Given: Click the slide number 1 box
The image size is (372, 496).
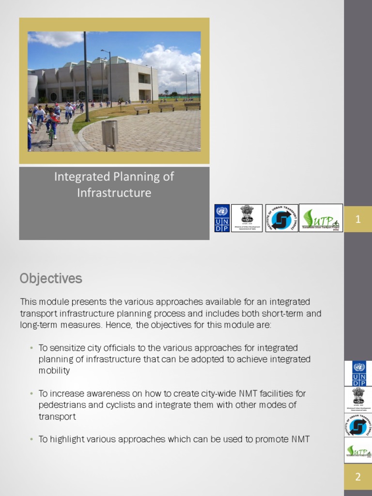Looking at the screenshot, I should coord(358,219).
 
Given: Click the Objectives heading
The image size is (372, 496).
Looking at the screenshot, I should coord(51,279).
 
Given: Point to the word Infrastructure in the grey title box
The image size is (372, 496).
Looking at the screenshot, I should coord(114,193).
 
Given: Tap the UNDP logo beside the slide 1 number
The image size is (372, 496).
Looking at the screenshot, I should coord(222,218).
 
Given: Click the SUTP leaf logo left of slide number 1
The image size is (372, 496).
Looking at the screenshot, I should coord(321,218).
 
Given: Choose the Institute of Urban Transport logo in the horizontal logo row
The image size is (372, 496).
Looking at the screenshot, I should coord(282,218).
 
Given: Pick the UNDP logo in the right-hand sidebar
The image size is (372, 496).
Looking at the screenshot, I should coord(358,373).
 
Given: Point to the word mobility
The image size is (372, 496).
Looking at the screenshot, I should coord(54,371).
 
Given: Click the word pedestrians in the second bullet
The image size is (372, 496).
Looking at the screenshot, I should coord(61,404).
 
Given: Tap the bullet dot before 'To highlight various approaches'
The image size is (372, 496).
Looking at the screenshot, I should coord(31,439).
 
